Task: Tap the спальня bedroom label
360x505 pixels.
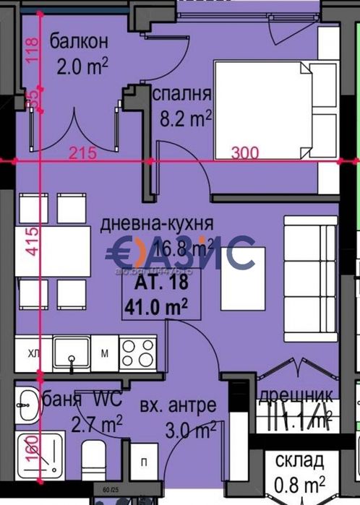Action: click(x=181, y=94)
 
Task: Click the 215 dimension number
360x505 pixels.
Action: click(x=84, y=153)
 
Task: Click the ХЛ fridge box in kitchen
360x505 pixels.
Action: click(x=34, y=353)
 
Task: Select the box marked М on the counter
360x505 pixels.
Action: click(x=104, y=353)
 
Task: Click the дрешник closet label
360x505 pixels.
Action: click(x=296, y=396)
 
